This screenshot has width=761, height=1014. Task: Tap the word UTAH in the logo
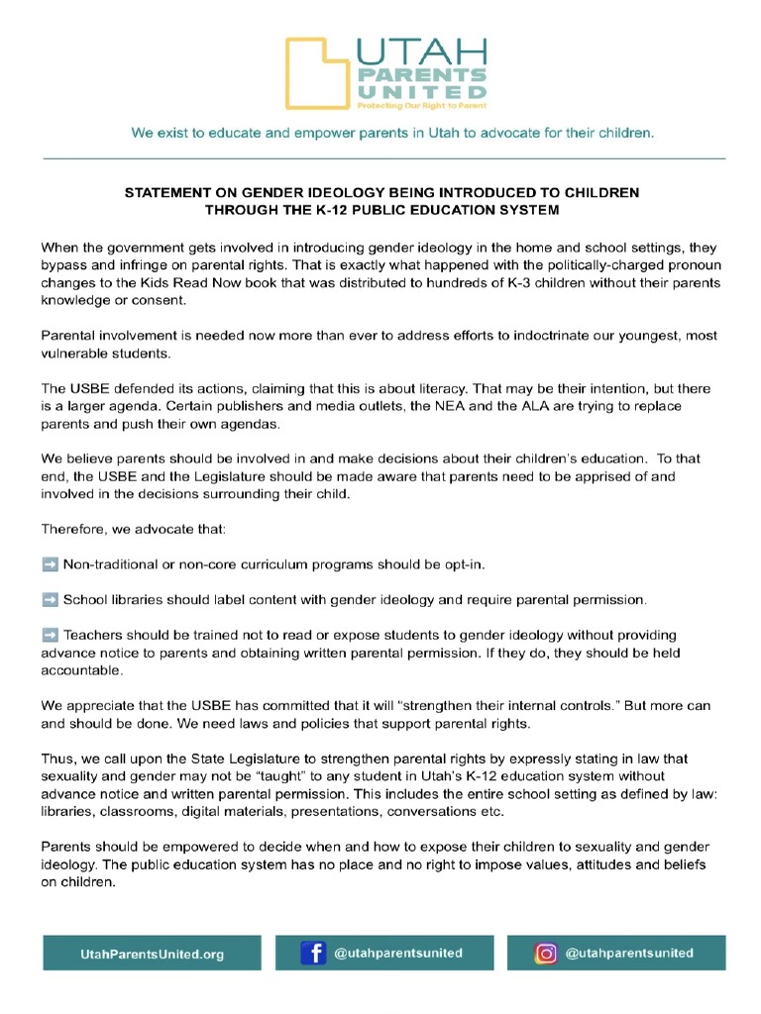[421, 51]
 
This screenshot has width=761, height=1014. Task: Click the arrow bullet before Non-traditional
[50, 564]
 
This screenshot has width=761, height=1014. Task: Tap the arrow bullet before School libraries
[50, 600]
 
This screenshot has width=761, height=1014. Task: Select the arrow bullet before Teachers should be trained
[50, 635]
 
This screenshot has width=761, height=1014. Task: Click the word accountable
[81, 670]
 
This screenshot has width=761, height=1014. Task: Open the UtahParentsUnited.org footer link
[152, 955]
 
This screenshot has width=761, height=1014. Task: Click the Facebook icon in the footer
[313, 954]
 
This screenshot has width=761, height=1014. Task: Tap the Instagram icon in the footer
[545, 954]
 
